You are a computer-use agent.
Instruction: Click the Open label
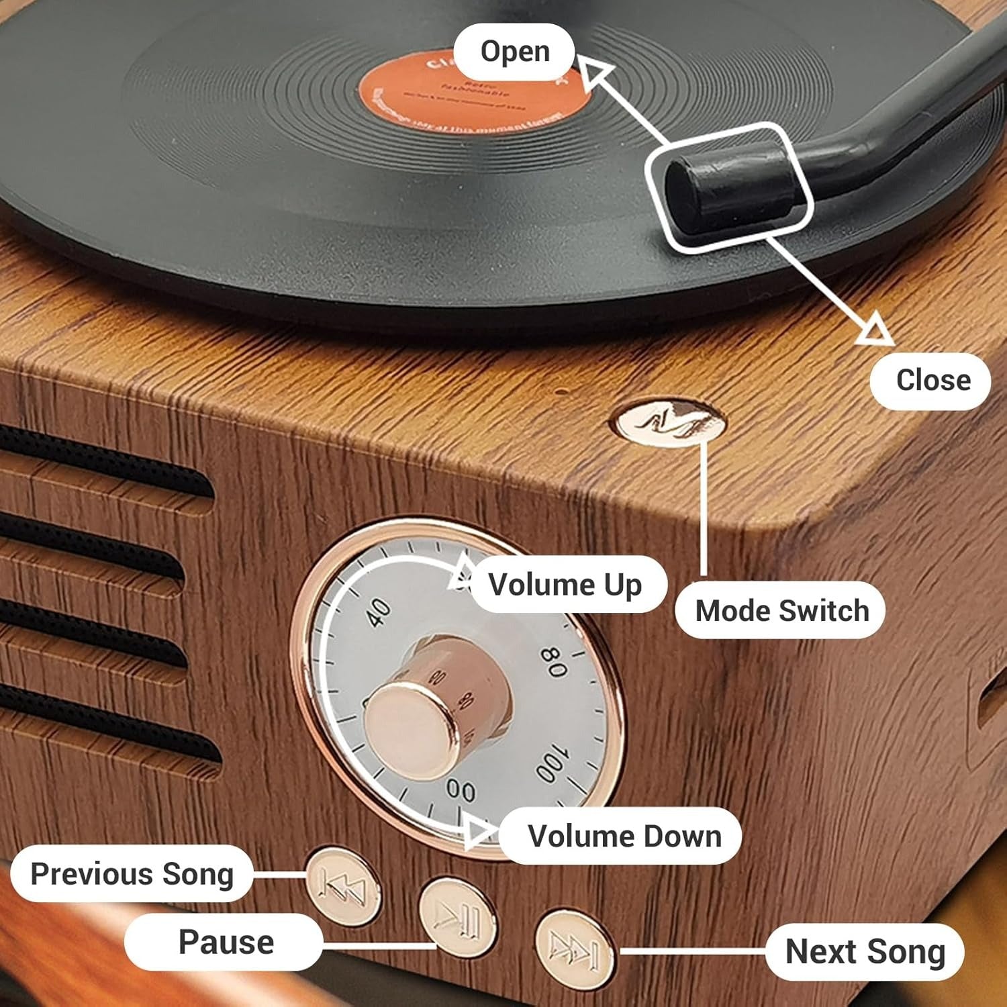[x=514, y=52]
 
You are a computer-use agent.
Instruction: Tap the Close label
[x=932, y=381]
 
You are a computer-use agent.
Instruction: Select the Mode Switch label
[x=781, y=611]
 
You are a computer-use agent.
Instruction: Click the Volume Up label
[x=565, y=585]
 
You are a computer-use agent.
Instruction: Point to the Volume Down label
[x=624, y=836]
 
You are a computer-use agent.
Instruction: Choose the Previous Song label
[x=132, y=874]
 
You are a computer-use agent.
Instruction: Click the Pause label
[x=226, y=942]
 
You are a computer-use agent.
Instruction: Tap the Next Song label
[x=865, y=952]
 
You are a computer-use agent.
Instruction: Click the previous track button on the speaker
[x=343, y=887]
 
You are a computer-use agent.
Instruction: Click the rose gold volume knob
[x=410, y=729]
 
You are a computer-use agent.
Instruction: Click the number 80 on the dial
[x=555, y=662]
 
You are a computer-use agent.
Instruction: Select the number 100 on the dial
[x=553, y=764]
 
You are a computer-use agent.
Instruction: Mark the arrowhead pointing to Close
[x=875, y=330]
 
